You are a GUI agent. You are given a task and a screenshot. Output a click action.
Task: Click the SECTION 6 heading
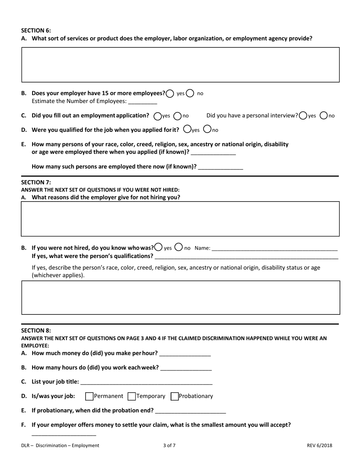point(36,31)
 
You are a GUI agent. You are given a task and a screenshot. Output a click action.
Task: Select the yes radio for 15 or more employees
point(170,93)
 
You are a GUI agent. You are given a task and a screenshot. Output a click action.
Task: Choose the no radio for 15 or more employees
point(190,93)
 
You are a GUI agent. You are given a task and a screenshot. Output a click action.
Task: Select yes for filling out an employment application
point(158,116)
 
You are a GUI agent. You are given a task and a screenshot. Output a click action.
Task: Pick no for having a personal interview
point(324,116)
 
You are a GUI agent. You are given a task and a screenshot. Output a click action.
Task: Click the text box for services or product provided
point(180,65)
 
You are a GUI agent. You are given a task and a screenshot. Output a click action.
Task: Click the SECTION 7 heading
point(36,182)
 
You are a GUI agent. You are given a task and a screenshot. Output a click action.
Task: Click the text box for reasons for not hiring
point(180,219)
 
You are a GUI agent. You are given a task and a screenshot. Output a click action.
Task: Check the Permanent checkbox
point(89,396)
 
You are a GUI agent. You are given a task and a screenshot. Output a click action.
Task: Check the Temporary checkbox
point(132,396)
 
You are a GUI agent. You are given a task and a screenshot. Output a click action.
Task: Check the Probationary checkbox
point(175,396)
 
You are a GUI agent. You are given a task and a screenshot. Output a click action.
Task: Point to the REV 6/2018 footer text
point(319,446)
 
